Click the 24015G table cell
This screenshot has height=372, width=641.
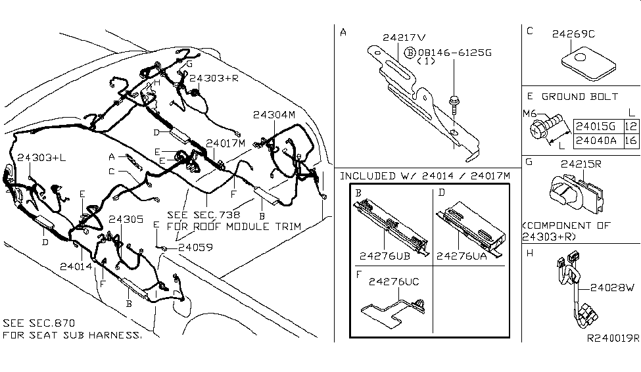[x=597, y=126]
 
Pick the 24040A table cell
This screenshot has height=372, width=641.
[x=597, y=140]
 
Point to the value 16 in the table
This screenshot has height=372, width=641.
[x=631, y=140]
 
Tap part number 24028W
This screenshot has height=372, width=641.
[x=611, y=287]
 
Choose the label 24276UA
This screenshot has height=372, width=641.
[x=463, y=256]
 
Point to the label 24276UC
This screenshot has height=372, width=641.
[x=396, y=281]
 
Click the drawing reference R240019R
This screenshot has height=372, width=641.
[x=611, y=338]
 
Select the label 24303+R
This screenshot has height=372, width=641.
[x=213, y=78]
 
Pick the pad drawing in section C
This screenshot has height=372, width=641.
[x=588, y=63]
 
